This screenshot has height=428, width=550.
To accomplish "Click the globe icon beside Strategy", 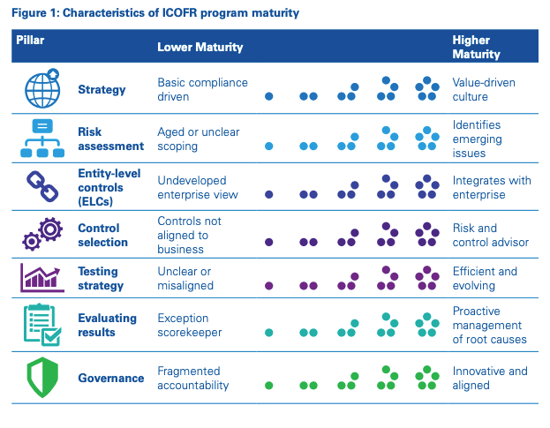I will (41, 90).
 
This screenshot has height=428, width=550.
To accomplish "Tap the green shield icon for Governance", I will (41, 378).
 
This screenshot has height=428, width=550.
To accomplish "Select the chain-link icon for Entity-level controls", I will (41, 187).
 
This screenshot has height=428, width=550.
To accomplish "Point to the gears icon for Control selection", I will (41, 235).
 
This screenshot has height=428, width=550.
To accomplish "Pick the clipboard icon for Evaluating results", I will (41, 326).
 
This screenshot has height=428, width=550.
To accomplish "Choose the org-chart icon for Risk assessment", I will (41, 139).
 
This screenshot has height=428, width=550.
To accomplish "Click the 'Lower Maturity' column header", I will (200, 47).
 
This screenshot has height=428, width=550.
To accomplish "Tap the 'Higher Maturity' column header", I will (476, 47).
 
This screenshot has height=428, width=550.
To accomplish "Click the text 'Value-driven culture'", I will (484, 90).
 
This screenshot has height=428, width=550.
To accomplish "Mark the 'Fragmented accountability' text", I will (193, 378).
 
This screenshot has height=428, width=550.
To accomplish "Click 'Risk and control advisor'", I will (487, 235).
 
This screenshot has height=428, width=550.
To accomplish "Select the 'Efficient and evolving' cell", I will (486, 279).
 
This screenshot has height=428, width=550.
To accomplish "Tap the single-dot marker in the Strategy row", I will (269, 96).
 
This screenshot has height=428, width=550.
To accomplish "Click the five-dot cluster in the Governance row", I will (427, 378).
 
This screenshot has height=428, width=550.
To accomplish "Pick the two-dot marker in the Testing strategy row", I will (308, 286).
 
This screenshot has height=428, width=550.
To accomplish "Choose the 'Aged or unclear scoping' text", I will (198, 139).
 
